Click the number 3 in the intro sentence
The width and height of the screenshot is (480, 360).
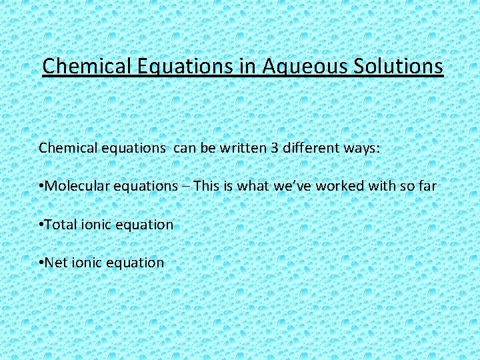point(274,147)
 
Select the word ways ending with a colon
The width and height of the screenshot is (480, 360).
point(361,148)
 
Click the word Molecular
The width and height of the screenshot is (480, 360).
point(75,186)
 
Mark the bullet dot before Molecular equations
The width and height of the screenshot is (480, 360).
point(41,187)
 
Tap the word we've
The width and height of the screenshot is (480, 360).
point(292,186)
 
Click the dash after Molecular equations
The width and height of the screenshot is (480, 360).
point(188,187)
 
